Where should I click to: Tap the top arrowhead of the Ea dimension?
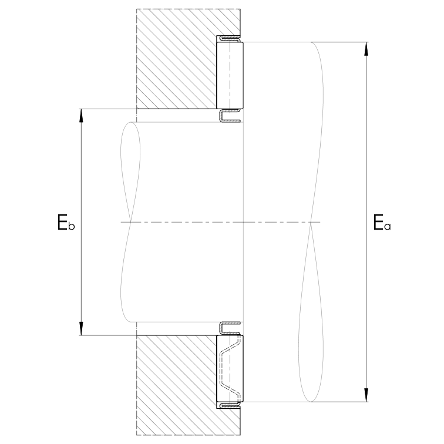coord(366,49)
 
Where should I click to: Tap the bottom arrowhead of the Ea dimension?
coord(366,395)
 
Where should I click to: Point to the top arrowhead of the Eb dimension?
coord(81,116)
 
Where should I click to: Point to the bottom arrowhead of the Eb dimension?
coord(81,328)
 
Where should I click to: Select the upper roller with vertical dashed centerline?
coord(230,75)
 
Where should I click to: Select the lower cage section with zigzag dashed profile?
coord(230,368)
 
